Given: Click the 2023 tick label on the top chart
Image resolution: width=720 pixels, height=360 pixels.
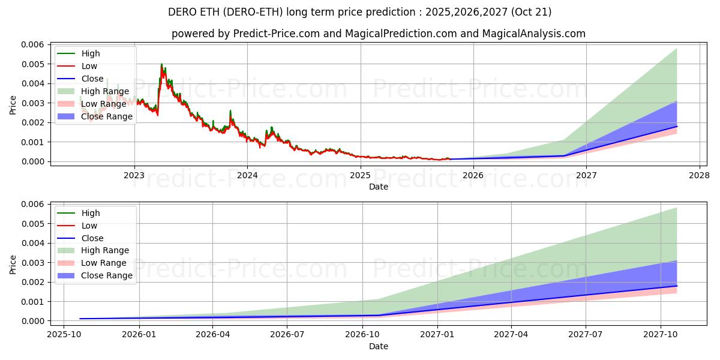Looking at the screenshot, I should click(x=134, y=175).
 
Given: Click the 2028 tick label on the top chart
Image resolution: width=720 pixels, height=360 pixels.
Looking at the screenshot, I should click(x=700, y=175).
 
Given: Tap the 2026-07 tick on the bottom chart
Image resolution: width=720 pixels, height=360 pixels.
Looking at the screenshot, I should click(x=287, y=335).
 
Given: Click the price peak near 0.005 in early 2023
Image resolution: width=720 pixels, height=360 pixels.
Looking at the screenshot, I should click(x=161, y=64).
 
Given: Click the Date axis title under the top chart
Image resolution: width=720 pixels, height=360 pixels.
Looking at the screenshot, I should click(x=378, y=187).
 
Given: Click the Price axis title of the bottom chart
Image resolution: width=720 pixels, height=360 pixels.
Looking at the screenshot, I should click(x=13, y=264).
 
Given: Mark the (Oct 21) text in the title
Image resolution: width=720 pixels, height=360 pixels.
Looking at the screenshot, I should click(x=530, y=12).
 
